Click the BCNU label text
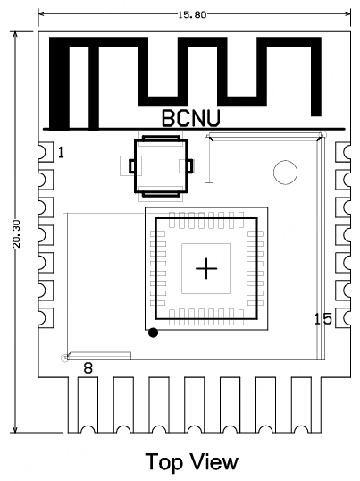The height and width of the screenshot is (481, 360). [191, 117]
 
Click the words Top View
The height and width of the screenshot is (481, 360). [192, 461]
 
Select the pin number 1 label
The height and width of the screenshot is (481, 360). [61, 153]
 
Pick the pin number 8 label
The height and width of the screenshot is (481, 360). [88, 367]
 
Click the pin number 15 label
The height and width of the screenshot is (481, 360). [322, 319]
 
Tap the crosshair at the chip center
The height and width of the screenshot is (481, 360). [206, 268]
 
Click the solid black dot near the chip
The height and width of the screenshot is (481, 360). [154, 333]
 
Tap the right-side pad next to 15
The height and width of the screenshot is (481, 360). [342, 318]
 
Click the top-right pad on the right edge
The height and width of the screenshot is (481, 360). [342, 153]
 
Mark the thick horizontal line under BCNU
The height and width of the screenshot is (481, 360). [191, 129]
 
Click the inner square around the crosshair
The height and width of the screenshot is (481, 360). [206, 268]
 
